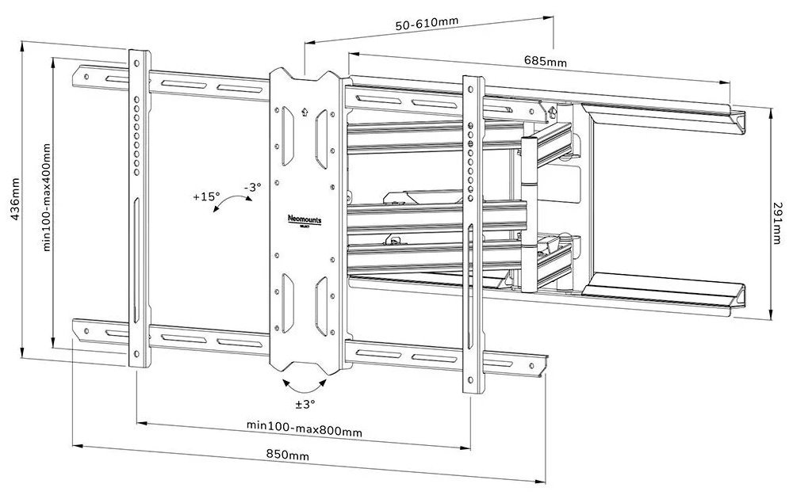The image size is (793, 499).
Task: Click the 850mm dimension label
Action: [x=288, y=456]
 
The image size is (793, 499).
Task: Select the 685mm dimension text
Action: [x=546, y=61]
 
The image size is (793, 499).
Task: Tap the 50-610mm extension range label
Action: [x=427, y=24]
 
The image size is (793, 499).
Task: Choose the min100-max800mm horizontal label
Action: [x=304, y=431]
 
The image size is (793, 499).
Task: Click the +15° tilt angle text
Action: [x=205, y=197]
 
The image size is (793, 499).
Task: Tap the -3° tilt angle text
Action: [x=251, y=187]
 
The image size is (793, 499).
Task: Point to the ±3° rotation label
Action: [x=305, y=404]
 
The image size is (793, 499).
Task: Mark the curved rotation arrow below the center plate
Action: [x=305, y=386]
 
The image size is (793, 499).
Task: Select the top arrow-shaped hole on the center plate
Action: [x=305, y=112]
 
